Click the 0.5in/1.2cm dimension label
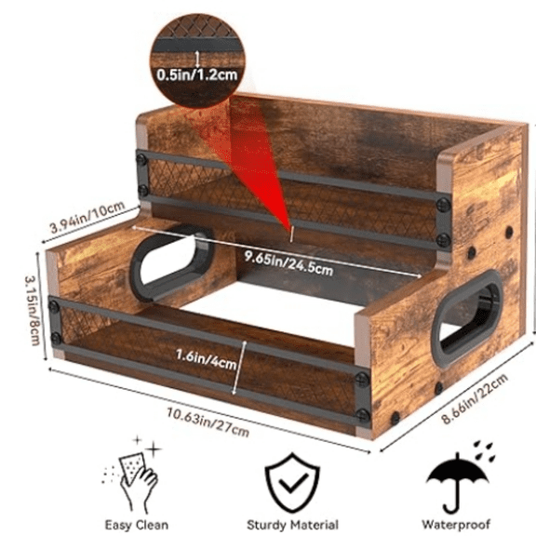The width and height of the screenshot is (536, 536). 197,74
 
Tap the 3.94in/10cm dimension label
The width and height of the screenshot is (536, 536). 87,217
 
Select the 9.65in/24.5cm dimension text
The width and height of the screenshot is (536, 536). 288,262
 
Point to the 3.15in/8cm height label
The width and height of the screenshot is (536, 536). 32,310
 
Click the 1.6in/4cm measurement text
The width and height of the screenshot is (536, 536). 206,359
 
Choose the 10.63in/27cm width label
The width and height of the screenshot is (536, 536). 208,422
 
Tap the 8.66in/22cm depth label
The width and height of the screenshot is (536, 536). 475,398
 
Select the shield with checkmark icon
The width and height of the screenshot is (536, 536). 292,483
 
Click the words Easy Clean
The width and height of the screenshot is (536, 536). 137,525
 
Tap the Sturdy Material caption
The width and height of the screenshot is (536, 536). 292,525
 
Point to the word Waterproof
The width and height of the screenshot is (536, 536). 456,524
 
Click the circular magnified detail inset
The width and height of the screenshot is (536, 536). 197,60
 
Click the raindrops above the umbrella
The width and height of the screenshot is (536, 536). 485,450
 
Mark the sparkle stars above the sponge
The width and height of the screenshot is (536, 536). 148,446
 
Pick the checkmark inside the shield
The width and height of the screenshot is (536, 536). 291,483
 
